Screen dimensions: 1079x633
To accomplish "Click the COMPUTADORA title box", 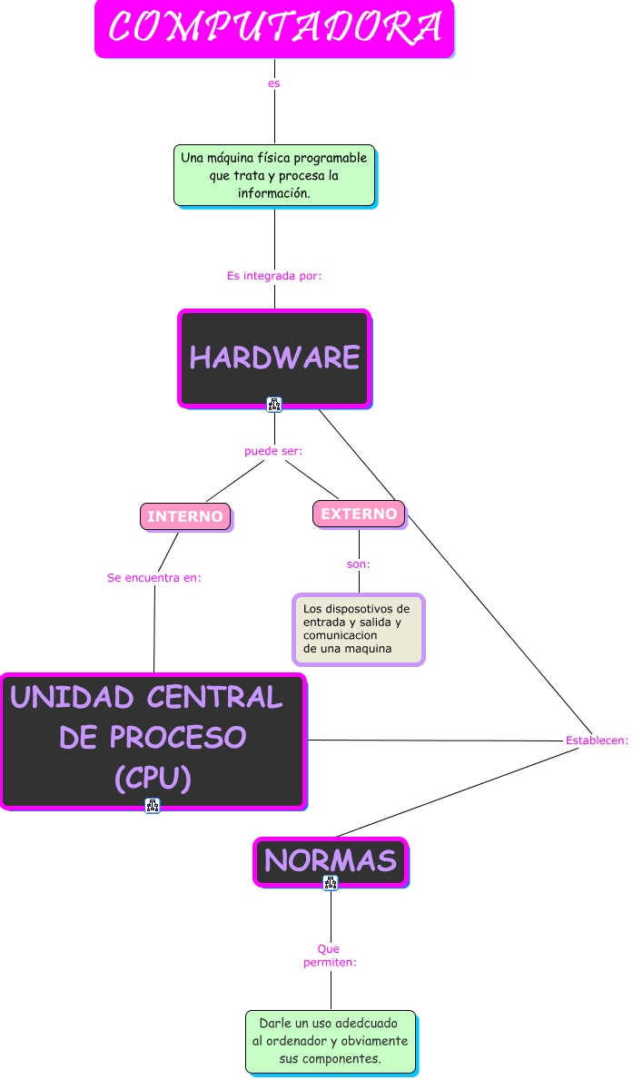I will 274,28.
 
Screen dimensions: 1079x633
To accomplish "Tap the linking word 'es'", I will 274,83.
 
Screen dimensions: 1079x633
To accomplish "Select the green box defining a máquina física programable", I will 274,174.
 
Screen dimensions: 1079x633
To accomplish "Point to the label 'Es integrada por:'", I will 274,275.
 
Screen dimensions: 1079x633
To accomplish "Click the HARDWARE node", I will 274,358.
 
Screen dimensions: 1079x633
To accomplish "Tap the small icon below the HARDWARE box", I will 274,404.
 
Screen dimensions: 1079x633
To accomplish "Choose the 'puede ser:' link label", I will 273,451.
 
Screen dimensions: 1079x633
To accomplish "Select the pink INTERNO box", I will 185,516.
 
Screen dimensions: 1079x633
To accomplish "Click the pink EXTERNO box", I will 359,514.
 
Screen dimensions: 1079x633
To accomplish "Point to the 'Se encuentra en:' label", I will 154,577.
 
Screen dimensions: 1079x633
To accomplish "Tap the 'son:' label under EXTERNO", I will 359,564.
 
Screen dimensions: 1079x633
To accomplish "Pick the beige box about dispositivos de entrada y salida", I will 359,629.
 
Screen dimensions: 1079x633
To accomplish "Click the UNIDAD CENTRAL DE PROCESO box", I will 153,740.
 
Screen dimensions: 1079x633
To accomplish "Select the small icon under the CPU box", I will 153,805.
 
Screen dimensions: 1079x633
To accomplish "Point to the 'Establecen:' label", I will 597,741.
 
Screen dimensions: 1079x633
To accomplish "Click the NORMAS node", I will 331,859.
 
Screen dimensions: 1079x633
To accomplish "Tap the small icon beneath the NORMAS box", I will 331,882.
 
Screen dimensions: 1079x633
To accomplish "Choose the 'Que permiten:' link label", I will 330,955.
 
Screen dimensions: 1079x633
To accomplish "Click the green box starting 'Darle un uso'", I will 331,1041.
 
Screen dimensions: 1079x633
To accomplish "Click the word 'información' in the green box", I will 273,193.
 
